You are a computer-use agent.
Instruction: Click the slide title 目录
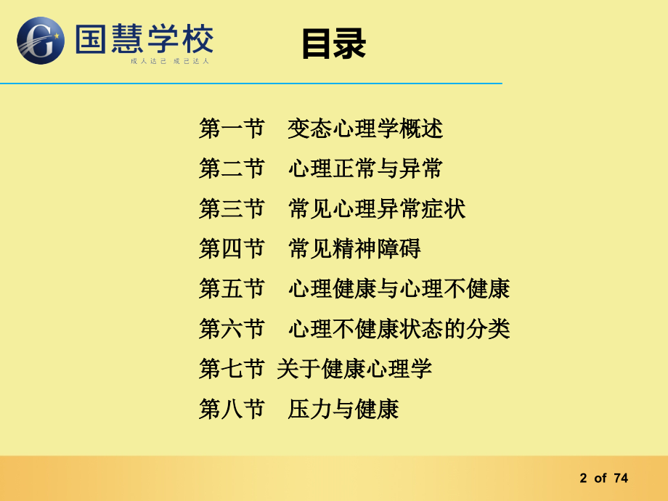[x=334, y=44]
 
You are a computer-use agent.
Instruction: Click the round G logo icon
[x=41, y=41]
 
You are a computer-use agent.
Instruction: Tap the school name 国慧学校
[x=144, y=38]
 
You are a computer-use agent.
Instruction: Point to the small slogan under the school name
[x=170, y=62]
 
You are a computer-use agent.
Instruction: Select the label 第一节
[x=232, y=129]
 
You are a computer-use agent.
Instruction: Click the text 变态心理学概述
[x=365, y=129]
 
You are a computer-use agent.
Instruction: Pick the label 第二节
[x=232, y=169]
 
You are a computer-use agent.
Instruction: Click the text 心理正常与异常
[x=365, y=169]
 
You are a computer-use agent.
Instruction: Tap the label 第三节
[x=232, y=209]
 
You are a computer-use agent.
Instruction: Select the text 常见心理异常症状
[x=377, y=209]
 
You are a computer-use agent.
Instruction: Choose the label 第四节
[x=232, y=249]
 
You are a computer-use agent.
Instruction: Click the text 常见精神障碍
[x=354, y=249]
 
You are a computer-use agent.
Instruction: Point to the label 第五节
[x=232, y=289]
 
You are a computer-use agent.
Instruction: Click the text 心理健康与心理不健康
[x=399, y=289]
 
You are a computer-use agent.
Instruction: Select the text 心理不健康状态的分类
[x=399, y=329]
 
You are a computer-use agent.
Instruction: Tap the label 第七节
[x=232, y=369]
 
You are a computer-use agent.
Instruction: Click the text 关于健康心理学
[x=354, y=369]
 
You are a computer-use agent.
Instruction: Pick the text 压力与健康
[x=343, y=409]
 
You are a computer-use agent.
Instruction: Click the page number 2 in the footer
[x=583, y=478]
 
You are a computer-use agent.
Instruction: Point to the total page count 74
[x=621, y=478]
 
